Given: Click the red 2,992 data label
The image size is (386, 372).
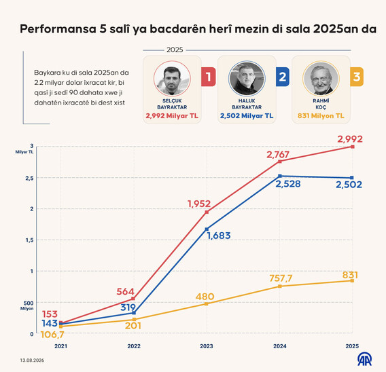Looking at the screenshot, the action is coord(350,139).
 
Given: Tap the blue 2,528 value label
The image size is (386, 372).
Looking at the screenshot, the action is coord(288,184).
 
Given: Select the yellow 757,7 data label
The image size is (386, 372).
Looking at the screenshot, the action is coord(281,278).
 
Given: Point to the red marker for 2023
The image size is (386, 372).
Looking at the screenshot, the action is coord(207,212).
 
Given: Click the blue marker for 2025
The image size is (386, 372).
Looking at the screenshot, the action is coord(352,178).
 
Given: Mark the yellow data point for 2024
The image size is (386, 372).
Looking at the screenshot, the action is coord(280,286).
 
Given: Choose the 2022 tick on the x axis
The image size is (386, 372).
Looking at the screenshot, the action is coord(134,346).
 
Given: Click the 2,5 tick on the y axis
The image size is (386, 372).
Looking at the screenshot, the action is coord(29,179).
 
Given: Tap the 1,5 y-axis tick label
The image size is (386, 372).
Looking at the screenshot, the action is coord(29,240).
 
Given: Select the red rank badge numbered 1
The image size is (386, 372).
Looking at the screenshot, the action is coord(209,77).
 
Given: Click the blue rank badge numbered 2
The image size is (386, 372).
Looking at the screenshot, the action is coord(282,77).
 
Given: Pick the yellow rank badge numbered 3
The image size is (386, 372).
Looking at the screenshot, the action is coord(357,77).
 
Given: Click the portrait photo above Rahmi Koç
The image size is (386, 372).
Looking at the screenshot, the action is coord(321,79).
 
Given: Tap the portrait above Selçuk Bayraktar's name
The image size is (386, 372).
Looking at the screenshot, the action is coord(172,79).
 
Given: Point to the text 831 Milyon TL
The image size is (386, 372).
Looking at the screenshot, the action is coord(321,116).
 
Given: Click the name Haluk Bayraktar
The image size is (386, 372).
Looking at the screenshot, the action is coord(247,104).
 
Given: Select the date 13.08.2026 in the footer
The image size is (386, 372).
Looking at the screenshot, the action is coord(32,360).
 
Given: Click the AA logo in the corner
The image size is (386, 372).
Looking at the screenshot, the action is coord(364,360).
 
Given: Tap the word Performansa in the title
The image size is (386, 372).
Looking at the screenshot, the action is coord(58,29).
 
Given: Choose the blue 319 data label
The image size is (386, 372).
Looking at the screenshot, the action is coord(128,308).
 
